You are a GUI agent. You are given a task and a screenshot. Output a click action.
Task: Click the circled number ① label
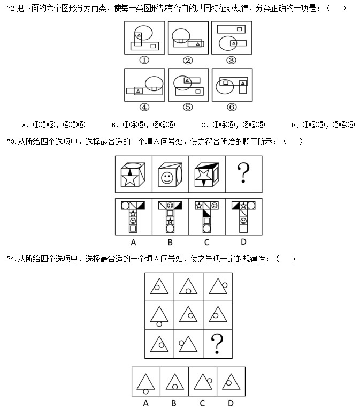pyautogui.click(x=144, y=60)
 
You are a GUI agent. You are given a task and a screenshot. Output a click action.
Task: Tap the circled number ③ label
pyautogui.click(x=231, y=60)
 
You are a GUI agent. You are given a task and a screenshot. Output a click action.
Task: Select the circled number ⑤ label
pyautogui.click(x=188, y=107)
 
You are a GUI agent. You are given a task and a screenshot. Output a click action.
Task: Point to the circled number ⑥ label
pyautogui.click(x=231, y=107)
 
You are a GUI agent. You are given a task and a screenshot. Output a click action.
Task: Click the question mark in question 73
pyautogui.click(x=243, y=173)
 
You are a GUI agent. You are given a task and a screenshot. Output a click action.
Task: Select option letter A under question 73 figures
pyautogui.click(x=133, y=242)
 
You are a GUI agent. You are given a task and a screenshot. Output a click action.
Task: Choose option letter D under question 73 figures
pyautogui.click(x=243, y=242)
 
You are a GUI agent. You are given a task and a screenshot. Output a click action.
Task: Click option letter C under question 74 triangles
pyautogui.click(x=202, y=403)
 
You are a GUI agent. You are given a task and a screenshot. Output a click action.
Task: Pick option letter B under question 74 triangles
pyautogui.click(x=174, y=403)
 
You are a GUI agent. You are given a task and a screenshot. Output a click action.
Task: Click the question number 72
pyautogui.click(x=10, y=9)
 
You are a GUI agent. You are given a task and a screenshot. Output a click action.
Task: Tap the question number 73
pyautogui.click(x=11, y=141)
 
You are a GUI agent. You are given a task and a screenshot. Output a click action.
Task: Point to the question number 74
pyautogui.click(x=11, y=259)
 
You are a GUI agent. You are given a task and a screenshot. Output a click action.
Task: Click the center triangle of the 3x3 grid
pyautogui.click(x=188, y=315)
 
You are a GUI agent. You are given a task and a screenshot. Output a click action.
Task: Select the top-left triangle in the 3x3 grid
pyautogui.click(x=159, y=286)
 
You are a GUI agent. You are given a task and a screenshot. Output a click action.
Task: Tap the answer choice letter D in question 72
pyautogui.click(x=294, y=125)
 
